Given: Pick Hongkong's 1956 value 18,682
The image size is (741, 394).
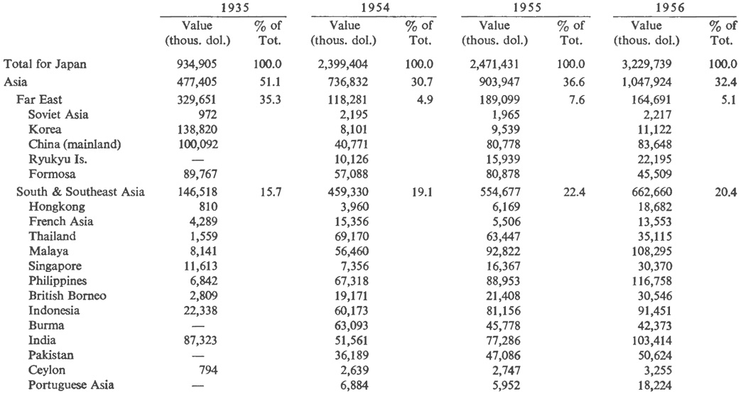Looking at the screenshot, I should pyautogui.click(x=644, y=207).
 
